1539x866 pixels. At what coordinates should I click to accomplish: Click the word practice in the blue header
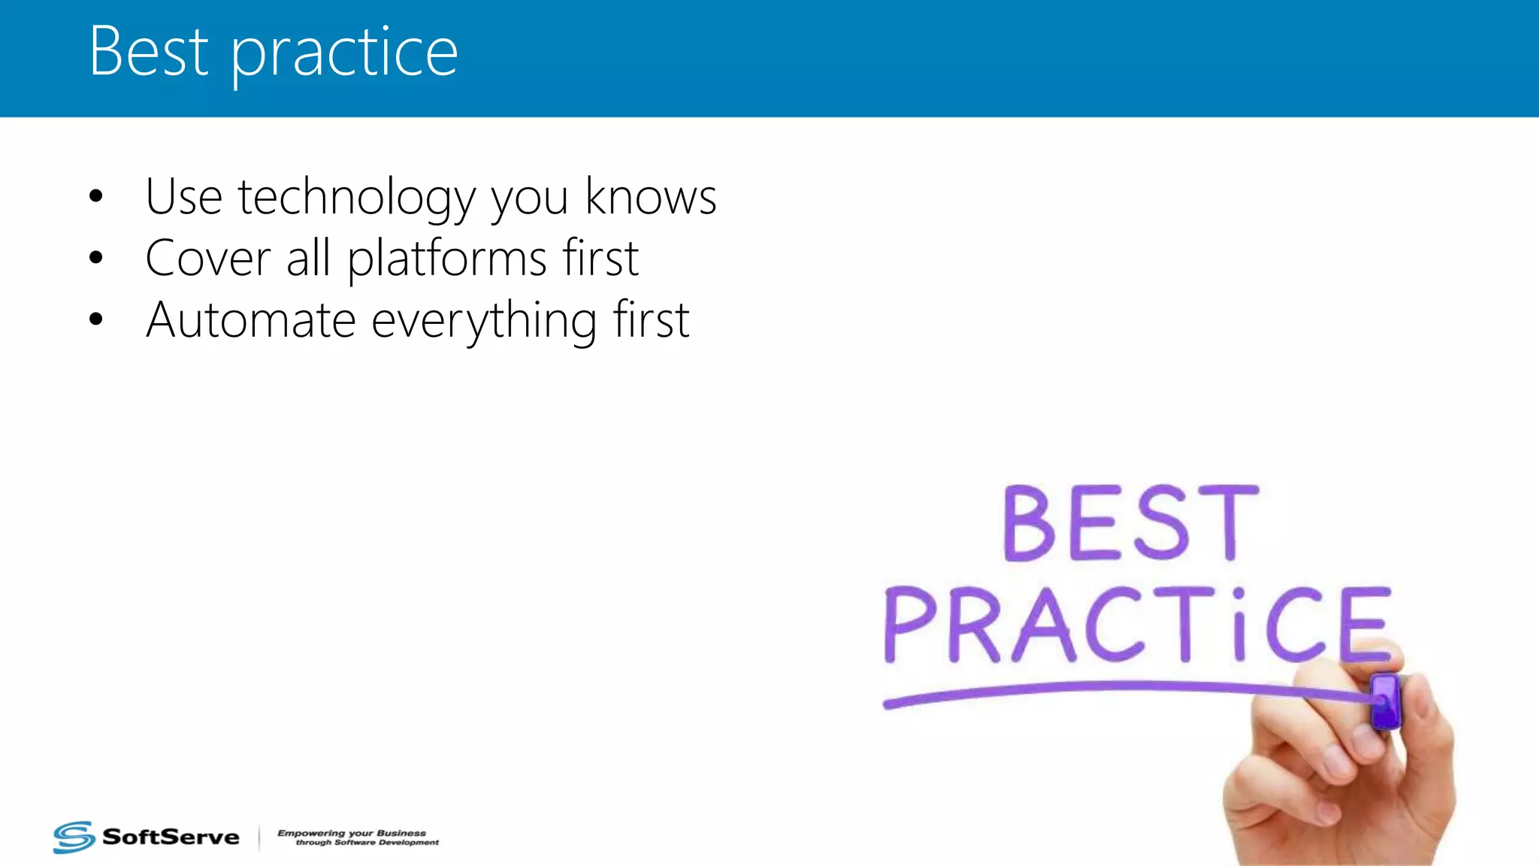[343, 54]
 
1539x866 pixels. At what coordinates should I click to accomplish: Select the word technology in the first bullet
[356, 197]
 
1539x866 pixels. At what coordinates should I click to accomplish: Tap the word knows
[651, 197]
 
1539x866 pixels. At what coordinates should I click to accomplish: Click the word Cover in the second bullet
[207, 259]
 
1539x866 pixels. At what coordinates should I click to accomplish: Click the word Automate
[250, 320]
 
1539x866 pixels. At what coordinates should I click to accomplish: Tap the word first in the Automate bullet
[651, 320]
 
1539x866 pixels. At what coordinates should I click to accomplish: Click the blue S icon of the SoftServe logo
[74, 837]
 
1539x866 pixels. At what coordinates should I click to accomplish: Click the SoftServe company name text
[171, 837]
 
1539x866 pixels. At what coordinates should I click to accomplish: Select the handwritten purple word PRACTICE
[1136, 625]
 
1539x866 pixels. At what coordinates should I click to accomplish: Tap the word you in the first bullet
[530, 198]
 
